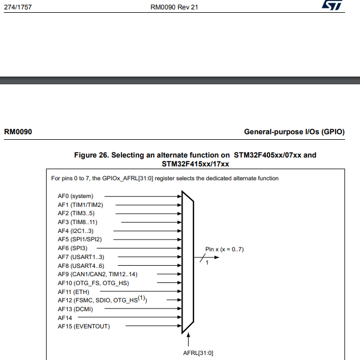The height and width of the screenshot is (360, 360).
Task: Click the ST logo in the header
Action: [333, 6]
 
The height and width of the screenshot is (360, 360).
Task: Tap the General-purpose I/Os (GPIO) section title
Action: [294, 132]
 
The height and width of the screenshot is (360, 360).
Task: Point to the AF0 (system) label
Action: [75, 196]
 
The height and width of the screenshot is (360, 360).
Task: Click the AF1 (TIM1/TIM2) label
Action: [80, 205]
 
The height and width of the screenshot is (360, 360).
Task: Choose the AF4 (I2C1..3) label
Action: [77, 231]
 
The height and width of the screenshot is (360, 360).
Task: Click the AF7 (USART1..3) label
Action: [80, 257]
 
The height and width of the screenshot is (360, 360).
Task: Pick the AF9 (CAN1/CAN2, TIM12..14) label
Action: [97, 274]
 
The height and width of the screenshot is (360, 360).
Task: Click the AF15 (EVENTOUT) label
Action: [84, 326]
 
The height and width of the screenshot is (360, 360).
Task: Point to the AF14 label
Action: [65, 317]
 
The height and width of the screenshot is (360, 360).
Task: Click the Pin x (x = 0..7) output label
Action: [225, 249]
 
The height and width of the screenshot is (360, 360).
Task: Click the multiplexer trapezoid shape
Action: [187, 261]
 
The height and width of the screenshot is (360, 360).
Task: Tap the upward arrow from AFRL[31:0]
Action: [189, 339]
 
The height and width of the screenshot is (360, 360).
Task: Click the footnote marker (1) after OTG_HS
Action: [141, 298]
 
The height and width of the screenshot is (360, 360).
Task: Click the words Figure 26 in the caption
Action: [93, 155]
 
